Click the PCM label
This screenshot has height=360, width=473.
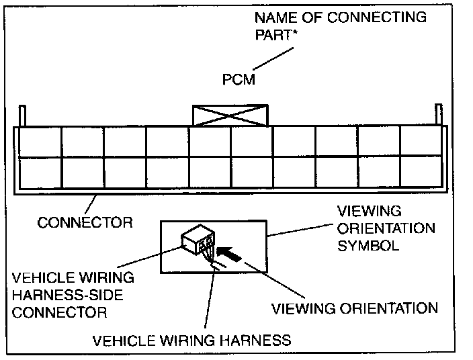pos(239,80)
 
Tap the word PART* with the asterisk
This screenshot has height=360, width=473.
pos(276,35)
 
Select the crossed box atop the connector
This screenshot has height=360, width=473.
pos(230,115)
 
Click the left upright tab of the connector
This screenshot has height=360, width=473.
pos(22,116)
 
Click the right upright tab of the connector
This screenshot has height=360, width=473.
pos(439,114)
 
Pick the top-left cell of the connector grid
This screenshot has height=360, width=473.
pos(40,142)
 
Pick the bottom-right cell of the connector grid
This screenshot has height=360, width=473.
pos(421,171)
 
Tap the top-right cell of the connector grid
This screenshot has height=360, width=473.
pos(421,141)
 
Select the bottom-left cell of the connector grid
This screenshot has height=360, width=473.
pos(40,173)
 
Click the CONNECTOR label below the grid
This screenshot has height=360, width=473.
pos(85,222)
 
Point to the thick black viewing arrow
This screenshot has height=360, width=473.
pos(229,254)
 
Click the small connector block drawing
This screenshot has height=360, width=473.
pos(198,239)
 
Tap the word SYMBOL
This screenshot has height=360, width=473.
pos(368,245)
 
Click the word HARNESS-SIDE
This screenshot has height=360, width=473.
pos(68,295)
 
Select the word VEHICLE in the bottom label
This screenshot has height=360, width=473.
pos(124,341)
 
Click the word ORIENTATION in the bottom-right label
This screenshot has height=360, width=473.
pos(389,308)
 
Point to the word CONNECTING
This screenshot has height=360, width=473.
pos(377,17)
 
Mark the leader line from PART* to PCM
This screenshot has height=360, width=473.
pos(273,58)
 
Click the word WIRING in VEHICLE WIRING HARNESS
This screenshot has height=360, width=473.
pos(187,341)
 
